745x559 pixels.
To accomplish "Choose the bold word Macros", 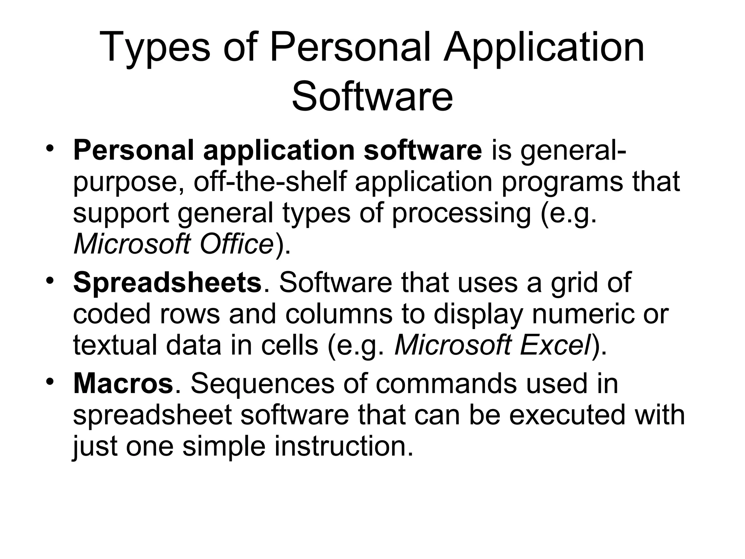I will pyautogui.click(x=123, y=384).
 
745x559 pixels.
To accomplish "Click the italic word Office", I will pyautogui.click(x=237, y=243).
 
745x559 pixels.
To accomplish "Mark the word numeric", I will pyautogui.click(x=582, y=314).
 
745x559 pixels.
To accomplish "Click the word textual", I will pyautogui.click(x=115, y=345).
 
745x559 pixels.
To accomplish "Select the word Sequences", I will pyautogui.click(x=262, y=384).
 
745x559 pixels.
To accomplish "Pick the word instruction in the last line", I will pyautogui.click(x=344, y=446).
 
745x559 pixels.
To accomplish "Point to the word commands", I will pyautogui.click(x=446, y=384).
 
